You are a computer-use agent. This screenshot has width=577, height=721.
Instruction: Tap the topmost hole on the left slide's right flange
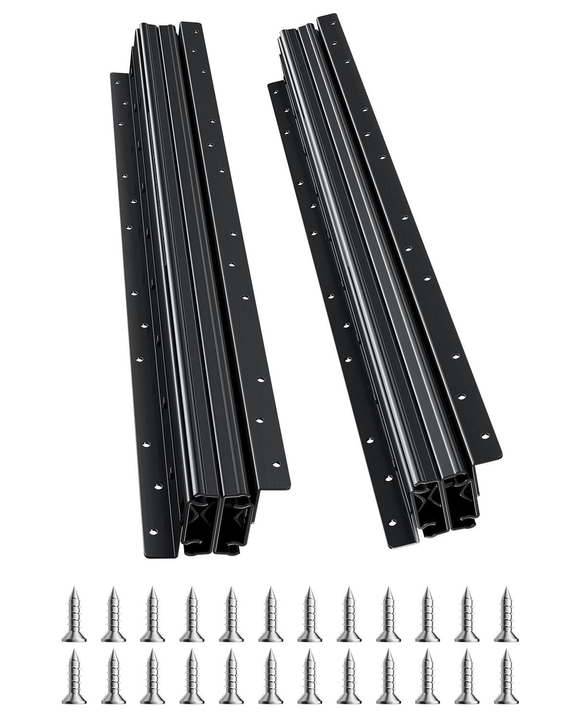click(x=195, y=30)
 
